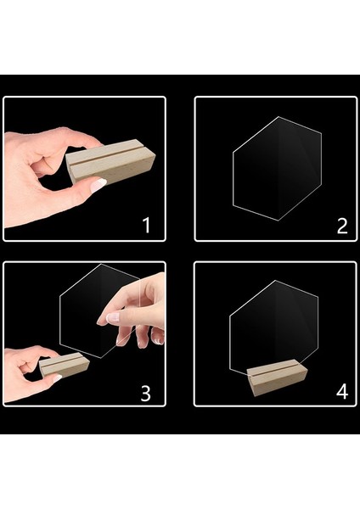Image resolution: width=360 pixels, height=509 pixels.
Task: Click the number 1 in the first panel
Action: click(x=147, y=226)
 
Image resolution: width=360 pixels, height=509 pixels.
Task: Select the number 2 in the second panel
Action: click(x=342, y=226)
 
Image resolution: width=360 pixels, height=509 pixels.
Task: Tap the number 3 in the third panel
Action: click(x=146, y=393)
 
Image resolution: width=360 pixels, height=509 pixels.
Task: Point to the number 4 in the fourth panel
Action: click(x=342, y=391)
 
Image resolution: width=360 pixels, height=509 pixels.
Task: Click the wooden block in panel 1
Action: click(x=110, y=162)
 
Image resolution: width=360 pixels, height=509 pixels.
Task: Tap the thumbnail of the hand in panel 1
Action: click(x=98, y=185)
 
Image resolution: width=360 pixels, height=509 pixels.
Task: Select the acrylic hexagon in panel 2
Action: click(x=277, y=169)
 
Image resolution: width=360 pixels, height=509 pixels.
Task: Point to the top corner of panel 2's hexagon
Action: click(x=278, y=117)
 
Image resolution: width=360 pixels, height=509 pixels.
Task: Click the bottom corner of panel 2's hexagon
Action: click(x=278, y=221)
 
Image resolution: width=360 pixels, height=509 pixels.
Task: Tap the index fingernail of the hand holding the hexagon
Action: click(x=112, y=317)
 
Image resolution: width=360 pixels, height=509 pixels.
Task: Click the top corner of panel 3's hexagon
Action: click(x=101, y=264)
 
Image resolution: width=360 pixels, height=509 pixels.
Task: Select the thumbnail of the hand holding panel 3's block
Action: click(x=57, y=378)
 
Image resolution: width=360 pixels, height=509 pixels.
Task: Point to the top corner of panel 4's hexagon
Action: click(x=276, y=281)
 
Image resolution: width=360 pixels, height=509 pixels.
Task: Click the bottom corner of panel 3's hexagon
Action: click(x=101, y=358)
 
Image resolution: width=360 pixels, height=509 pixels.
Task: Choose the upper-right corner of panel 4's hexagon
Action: click(x=318, y=297)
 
